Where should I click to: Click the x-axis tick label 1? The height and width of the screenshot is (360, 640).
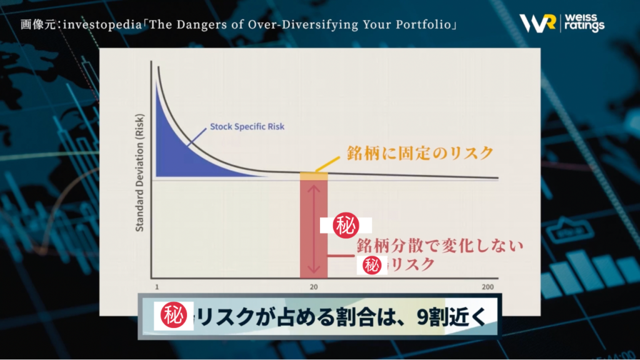pos(157,287)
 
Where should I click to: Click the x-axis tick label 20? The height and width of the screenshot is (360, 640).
pos(314,287)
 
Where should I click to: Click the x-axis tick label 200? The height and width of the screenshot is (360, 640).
pos(487,287)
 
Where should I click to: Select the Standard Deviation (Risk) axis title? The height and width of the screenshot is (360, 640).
pos(139,172)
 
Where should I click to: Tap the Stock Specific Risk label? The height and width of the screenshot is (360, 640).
pos(247,126)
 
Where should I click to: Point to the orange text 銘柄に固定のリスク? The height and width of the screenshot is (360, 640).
pos(420,154)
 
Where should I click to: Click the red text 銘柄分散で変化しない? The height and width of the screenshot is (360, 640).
pos(439,246)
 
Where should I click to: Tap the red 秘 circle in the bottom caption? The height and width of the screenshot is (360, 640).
pos(174,315)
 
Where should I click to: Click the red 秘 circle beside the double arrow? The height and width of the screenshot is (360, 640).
pos(346,225)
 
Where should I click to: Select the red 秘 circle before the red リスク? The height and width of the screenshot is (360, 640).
pos(372,265)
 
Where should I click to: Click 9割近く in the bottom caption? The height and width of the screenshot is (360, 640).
pos(451,317)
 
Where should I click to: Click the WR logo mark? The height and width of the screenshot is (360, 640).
pos(537,23)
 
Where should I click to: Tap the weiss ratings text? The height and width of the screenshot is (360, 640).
pos(584,23)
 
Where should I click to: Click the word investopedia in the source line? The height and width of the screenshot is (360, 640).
pos(102,25)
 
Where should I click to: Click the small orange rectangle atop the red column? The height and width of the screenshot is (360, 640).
pos(314,176)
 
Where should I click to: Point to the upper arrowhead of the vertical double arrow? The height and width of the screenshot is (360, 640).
pos(314,189)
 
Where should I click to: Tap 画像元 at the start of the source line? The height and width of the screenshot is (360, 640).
pos(38,25)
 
